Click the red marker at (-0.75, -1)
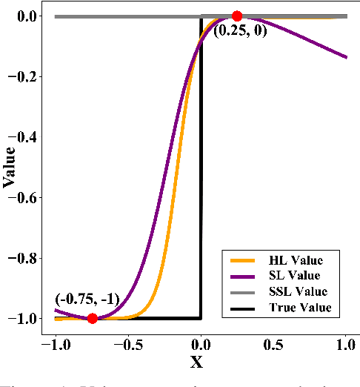click(92, 319)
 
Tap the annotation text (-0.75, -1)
click(87, 301)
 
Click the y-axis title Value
click(10, 168)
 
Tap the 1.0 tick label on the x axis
click(346, 345)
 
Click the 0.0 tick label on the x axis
click(200, 345)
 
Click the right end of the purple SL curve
click(346, 57)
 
